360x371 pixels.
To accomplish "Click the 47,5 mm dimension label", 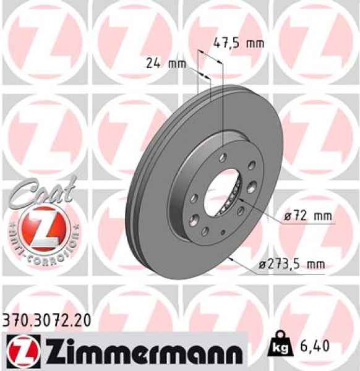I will tap(238, 43).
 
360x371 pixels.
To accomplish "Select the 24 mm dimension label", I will tap(166, 62).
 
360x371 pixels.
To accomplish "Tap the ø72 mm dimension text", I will tap(308, 216).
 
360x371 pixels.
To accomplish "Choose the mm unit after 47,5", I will tap(255, 43).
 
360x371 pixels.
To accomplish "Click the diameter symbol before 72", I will tap(289, 216).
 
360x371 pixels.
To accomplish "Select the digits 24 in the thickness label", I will tap(154, 62).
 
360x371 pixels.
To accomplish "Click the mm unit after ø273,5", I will tap(315, 265).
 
